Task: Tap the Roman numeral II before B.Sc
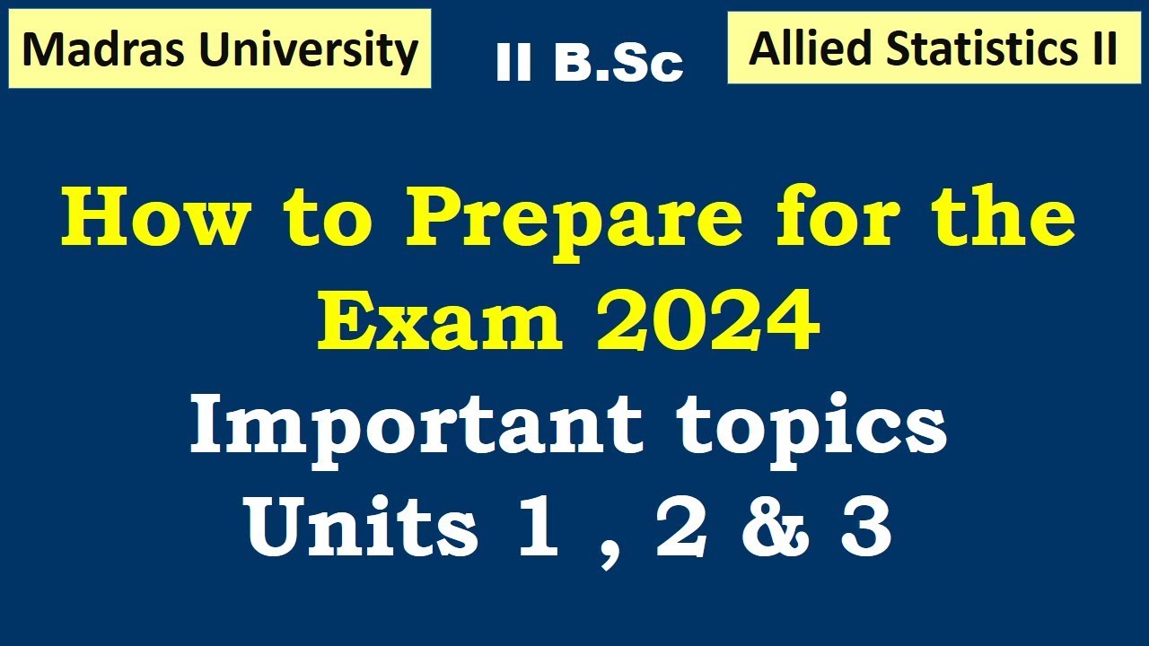click(x=513, y=64)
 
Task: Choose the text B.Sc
click(x=619, y=64)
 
